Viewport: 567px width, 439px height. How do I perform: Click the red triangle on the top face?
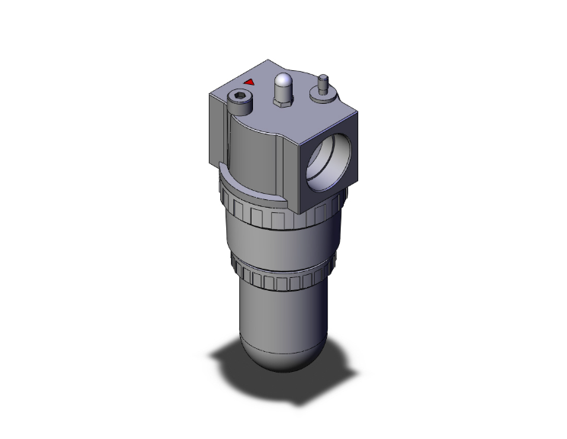point(248,81)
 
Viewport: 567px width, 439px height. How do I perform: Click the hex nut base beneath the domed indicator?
point(283,103)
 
